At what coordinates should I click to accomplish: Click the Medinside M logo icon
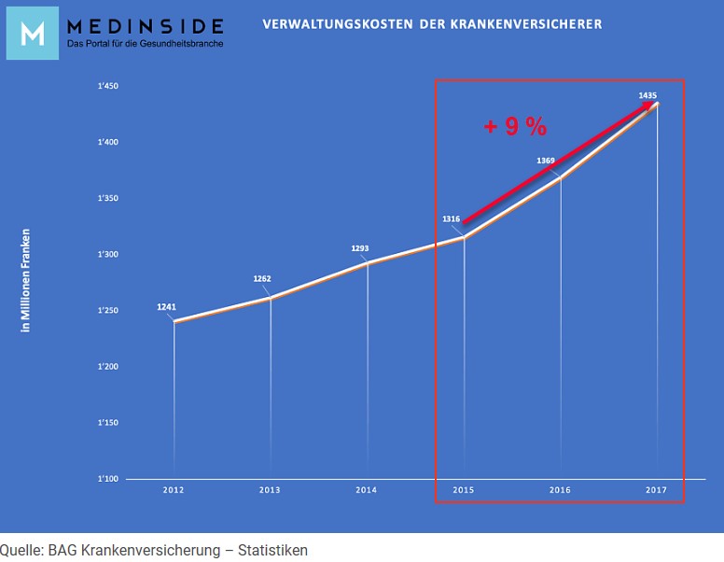tap(32, 33)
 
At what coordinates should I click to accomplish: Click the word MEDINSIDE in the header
tap(145, 25)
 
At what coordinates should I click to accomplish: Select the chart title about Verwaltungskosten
tap(432, 22)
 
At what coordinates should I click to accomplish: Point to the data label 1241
tap(167, 306)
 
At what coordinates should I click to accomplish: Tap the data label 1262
tap(263, 278)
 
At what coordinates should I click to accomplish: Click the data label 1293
tap(360, 248)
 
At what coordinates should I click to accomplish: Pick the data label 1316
tap(452, 218)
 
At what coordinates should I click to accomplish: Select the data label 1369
tap(546, 161)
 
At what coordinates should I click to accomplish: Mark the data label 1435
tap(647, 95)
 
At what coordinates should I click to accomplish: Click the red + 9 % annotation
tap(515, 127)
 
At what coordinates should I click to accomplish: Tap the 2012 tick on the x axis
tap(173, 489)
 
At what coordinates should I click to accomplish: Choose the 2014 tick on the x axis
tap(366, 489)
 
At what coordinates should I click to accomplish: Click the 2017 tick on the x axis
tap(656, 489)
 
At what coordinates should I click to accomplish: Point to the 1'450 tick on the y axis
tap(107, 87)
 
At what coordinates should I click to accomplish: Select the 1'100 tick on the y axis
tap(107, 479)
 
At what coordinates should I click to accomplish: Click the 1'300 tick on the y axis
tap(107, 255)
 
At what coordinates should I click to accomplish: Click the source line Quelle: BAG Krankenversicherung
tap(154, 550)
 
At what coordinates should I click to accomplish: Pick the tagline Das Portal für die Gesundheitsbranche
tap(145, 44)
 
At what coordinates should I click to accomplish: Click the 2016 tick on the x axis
tap(560, 489)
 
